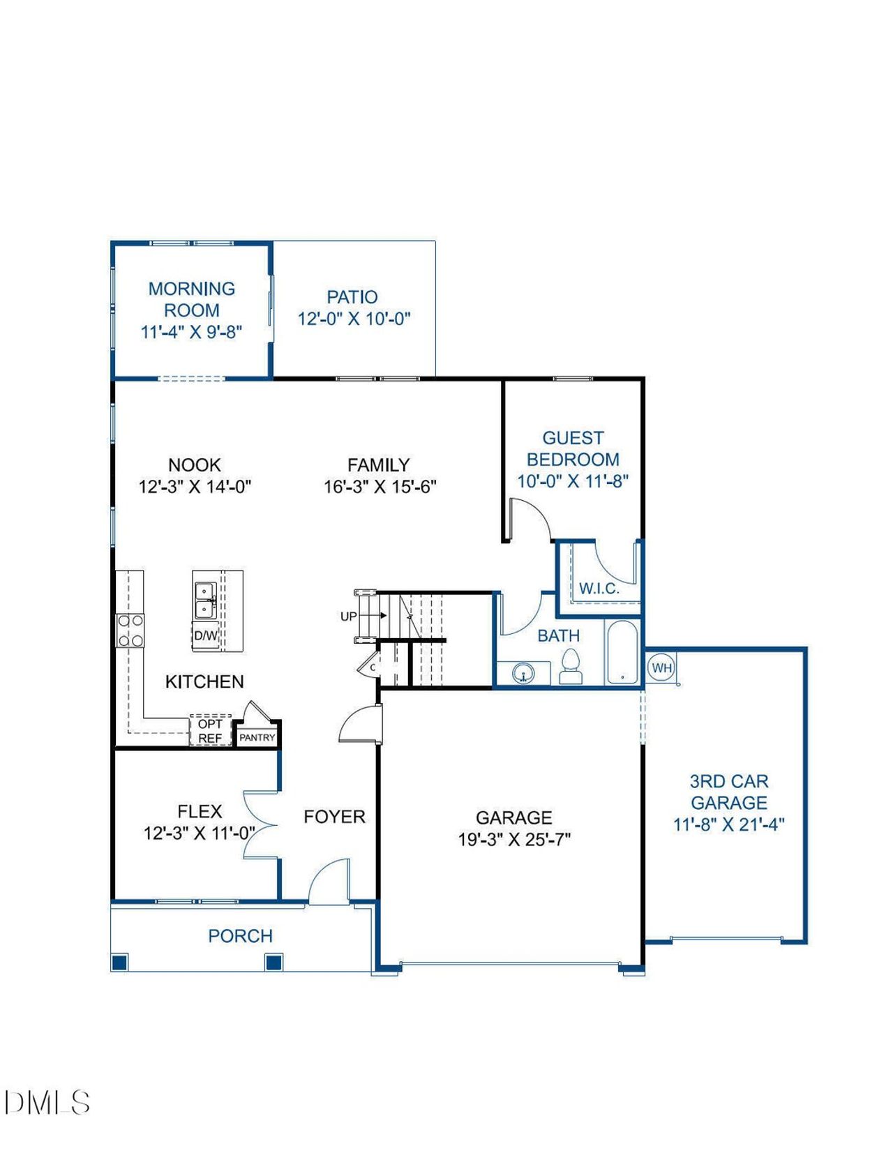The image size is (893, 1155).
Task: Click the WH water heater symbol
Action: tap(662, 667)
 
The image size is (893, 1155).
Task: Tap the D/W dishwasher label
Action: tap(206, 635)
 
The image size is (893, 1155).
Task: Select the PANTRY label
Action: tap(257, 738)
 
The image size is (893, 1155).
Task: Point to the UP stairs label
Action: tap(349, 617)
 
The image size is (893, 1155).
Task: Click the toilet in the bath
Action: tap(571, 667)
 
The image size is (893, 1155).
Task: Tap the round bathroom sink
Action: tap(524, 674)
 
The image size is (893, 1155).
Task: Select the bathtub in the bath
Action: tap(622, 652)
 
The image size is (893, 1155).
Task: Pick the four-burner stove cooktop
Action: tap(130, 631)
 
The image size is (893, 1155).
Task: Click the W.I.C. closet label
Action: tap(599, 589)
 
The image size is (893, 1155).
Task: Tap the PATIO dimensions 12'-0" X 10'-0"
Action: tap(354, 319)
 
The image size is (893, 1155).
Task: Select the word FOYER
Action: tap(334, 817)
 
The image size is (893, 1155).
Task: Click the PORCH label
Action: tap(240, 936)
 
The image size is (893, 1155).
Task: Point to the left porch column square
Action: tap(119, 962)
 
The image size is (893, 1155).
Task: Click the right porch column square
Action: tap(273, 962)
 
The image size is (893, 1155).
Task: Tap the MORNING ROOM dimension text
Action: tap(191, 332)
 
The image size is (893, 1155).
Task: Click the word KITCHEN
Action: tap(204, 681)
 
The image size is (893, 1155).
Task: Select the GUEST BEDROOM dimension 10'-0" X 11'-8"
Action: tap(573, 481)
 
